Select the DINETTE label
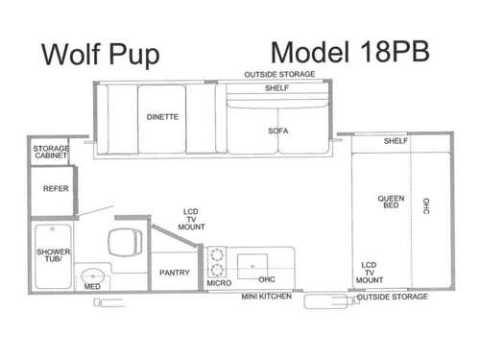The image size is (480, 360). pyautogui.click(x=162, y=116)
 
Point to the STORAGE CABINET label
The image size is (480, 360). pyautogui.click(x=51, y=154)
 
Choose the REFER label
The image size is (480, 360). pyautogui.click(x=56, y=189)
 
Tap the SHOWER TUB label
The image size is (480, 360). pyautogui.click(x=51, y=254)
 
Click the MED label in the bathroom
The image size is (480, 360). pyautogui.click(x=92, y=285)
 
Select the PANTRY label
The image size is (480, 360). pyautogui.click(x=175, y=272)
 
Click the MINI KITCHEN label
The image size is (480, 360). pyautogui.click(x=266, y=297)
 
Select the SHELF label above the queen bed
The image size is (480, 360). pyautogui.click(x=396, y=141)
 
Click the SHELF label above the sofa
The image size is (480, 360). pyautogui.click(x=276, y=87)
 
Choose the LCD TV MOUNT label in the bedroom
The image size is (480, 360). pyautogui.click(x=370, y=272)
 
